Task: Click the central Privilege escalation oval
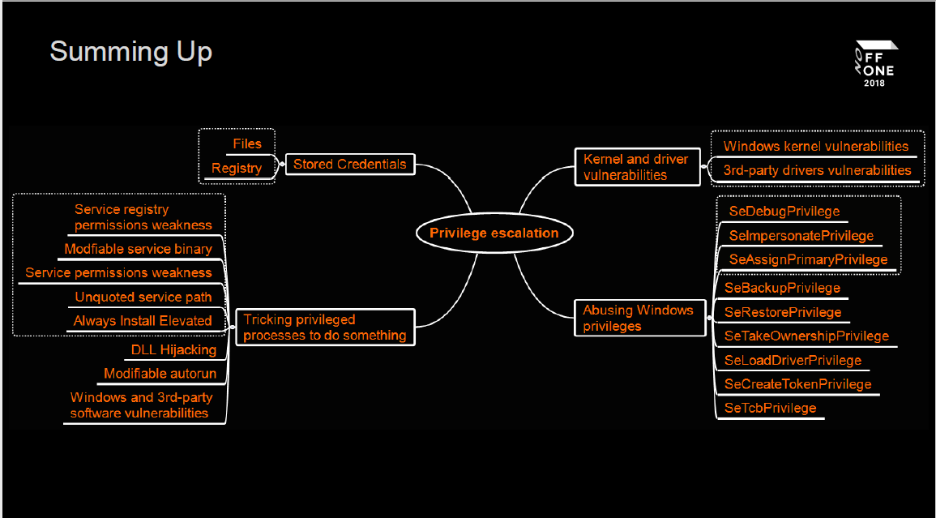click(x=494, y=233)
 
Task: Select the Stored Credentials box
click(x=349, y=165)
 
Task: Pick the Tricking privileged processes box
click(x=324, y=327)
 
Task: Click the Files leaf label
click(x=247, y=144)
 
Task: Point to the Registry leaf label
click(x=237, y=169)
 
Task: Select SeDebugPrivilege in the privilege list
click(x=784, y=212)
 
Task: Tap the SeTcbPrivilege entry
click(x=770, y=408)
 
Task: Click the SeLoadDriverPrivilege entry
click(x=793, y=360)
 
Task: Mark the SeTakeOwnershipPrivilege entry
click(x=806, y=336)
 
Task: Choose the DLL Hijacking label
click(x=173, y=350)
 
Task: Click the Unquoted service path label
click(x=143, y=298)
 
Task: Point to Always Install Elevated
click(x=143, y=321)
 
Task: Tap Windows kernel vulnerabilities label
click(x=815, y=147)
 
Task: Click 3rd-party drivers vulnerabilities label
click(x=817, y=170)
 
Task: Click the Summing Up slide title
click(x=131, y=52)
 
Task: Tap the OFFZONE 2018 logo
click(x=875, y=63)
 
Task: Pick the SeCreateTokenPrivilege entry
click(x=797, y=384)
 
